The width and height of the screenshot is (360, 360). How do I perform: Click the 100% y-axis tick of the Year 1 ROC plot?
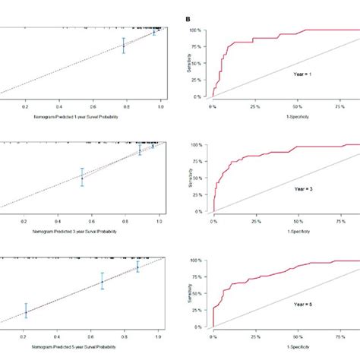195,30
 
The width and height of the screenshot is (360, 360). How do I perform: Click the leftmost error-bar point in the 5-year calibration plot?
26,312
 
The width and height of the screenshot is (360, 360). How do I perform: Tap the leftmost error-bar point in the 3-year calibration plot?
82,178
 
